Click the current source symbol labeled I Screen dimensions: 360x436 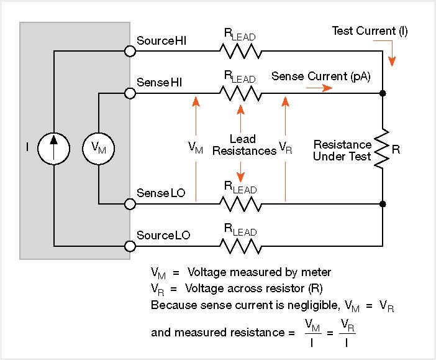(x=54, y=148)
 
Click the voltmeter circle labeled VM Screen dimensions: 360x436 (x=99, y=148)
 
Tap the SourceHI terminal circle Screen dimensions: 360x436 (x=130, y=52)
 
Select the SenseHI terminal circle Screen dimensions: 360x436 (x=130, y=93)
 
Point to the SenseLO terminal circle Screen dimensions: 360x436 (x=130, y=204)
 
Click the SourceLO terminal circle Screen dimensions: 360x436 (x=130, y=246)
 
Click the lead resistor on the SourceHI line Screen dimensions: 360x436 (x=239, y=52)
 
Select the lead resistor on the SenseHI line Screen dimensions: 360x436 (x=239, y=93)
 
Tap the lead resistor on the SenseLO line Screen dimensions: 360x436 (x=239, y=204)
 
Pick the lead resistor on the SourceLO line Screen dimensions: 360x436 (x=239, y=246)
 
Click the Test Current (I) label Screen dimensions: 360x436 (x=370, y=30)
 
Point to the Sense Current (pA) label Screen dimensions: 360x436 (x=321, y=76)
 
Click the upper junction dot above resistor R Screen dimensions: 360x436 (x=383, y=93)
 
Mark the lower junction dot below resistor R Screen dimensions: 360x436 (x=383, y=204)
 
